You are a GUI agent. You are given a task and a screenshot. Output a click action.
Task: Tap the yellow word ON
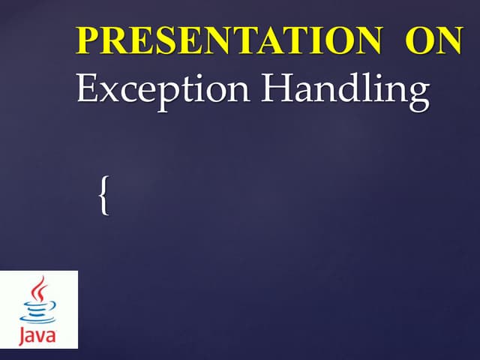coord(434,41)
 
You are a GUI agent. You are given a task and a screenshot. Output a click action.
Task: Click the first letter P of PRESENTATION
coord(88,41)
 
